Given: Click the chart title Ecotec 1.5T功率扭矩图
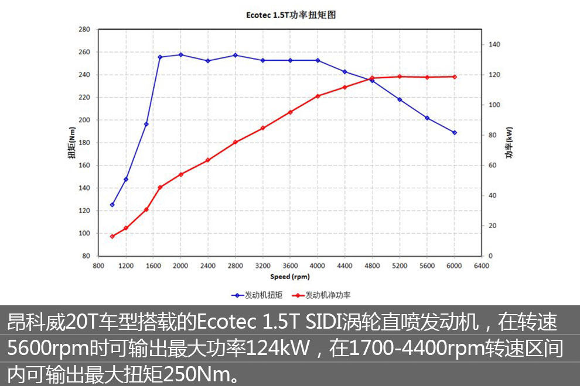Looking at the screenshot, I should coord(291,15).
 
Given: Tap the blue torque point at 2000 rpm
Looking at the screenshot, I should coord(180,55).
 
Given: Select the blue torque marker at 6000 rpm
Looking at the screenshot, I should coord(455,133).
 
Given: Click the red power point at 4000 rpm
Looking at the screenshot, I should coord(318,96).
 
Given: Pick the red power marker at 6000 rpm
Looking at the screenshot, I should coord(455,77).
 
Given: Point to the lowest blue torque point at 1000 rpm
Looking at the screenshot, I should coord(112,205).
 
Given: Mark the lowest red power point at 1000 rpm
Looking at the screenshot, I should coord(112,236).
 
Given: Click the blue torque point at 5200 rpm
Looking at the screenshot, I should coord(400,99).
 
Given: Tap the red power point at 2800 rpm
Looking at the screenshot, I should coord(236,142).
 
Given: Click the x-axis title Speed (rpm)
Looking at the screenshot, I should coord(290,277).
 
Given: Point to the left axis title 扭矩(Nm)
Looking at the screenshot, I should coord(71,143).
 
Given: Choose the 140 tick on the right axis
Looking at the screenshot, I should coord(494,44).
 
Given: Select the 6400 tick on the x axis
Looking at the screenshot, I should coord(482,265).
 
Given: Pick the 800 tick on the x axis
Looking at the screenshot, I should coord(98,265).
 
